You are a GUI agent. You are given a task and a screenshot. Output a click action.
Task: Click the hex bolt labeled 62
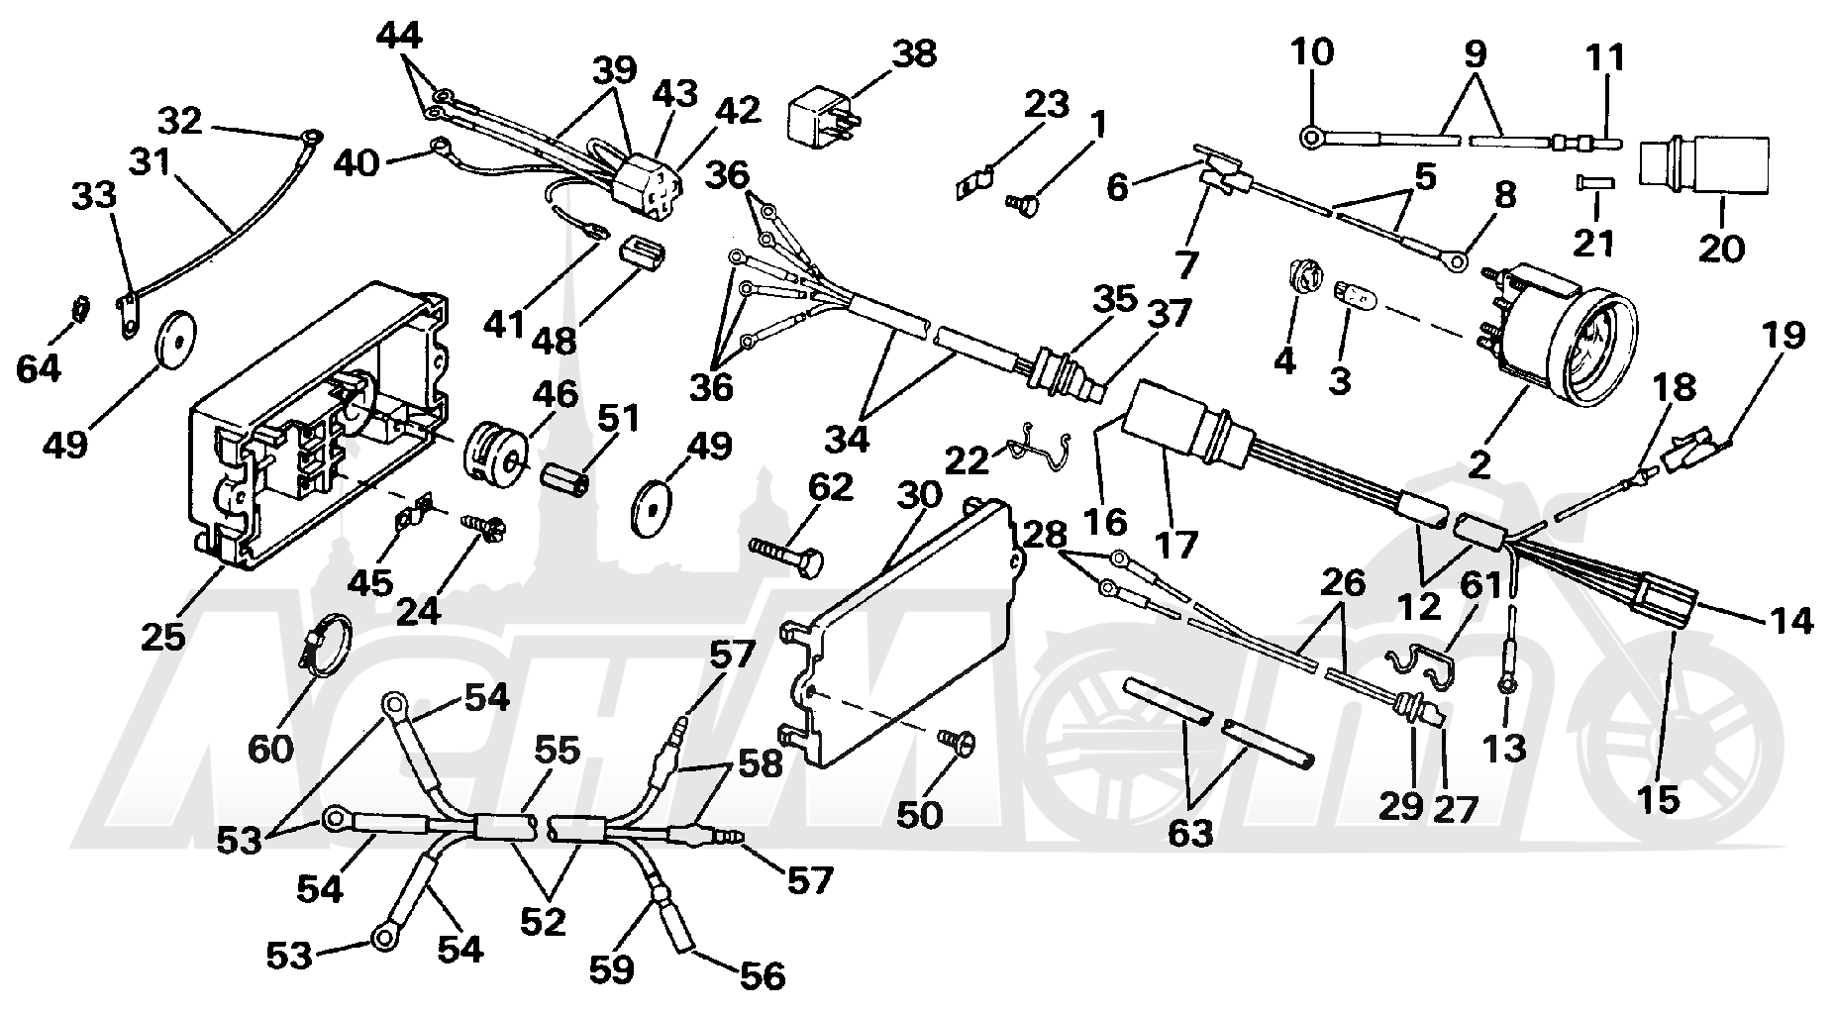789,557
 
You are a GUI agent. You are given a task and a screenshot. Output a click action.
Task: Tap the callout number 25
163,635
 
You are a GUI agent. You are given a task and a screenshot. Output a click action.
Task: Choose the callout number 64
39,369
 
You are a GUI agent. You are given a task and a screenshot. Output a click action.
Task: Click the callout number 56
763,975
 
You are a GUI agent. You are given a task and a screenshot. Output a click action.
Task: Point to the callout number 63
1189,833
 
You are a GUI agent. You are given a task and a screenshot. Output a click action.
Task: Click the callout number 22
968,461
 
